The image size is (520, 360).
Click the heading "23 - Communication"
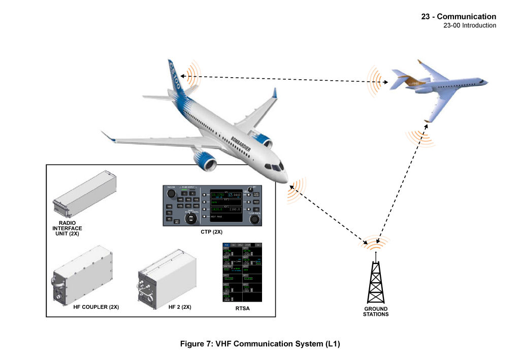point(459,17)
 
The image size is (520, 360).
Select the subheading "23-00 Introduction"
point(470,25)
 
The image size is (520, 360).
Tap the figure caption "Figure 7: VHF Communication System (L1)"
point(260,344)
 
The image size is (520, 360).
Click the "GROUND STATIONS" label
point(376,311)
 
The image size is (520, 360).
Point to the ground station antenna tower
point(376,282)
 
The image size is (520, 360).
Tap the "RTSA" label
point(242,308)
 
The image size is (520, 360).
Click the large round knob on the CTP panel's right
point(255,219)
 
